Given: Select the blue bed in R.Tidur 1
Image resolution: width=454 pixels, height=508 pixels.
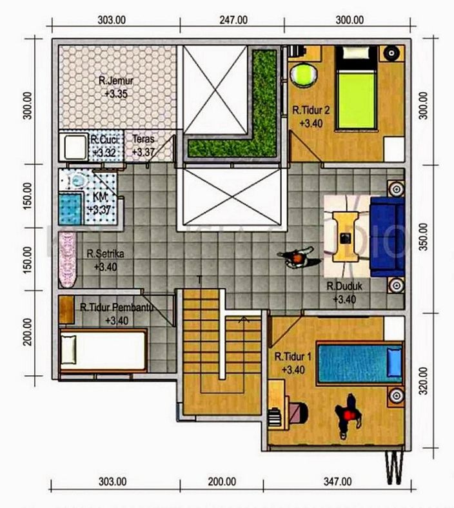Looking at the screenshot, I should (360, 363).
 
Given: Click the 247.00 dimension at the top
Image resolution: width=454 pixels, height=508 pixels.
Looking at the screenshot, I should (233, 20).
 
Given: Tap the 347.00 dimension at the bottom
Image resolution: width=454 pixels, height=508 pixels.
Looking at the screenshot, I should (337, 482).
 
